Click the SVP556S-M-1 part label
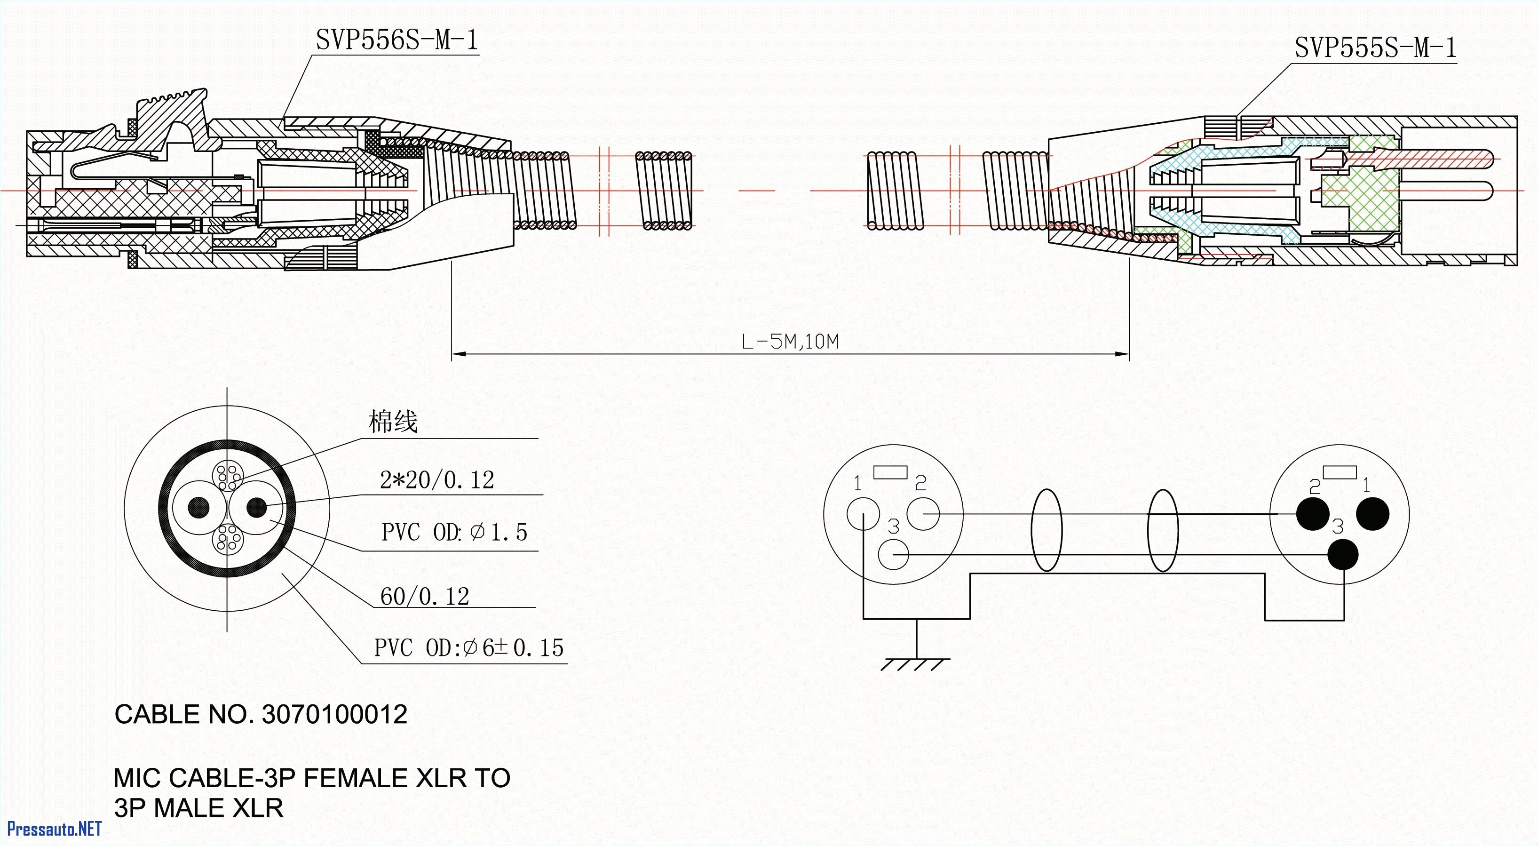[396, 40]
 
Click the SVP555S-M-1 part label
[1375, 48]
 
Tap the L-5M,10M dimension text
[790, 342]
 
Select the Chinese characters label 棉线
[392, 422]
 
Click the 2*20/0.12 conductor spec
[437, 480]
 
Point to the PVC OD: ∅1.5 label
[454, 532]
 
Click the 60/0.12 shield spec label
[425, 596]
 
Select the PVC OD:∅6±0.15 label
[468, 647]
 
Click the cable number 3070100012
[334, 715]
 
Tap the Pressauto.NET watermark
[54, 829]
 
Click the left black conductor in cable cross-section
[199, 508]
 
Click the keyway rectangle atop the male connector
[1339, 472]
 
